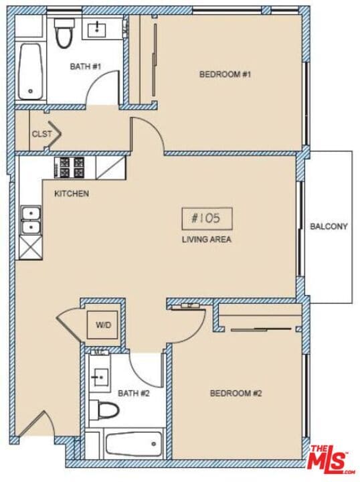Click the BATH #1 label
(x=85, y=67)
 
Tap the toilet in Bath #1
(x=64, y=35)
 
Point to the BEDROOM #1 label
(x=225, y=74)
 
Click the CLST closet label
(x=41, y=134)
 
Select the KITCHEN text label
(x=71, y=194)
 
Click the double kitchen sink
(x=30, y=221)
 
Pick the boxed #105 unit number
(x=207, y=218)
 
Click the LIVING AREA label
(x=207, y=239)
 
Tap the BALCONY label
(x=329, y=226)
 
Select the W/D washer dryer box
(x=103, y=326)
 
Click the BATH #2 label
(x=133, y=394)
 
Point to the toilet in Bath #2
(x=105, y=410)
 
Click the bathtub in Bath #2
(x=133, y=443)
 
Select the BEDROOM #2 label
(x=236, y=394)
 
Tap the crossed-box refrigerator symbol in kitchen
(x=31, y=248)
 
